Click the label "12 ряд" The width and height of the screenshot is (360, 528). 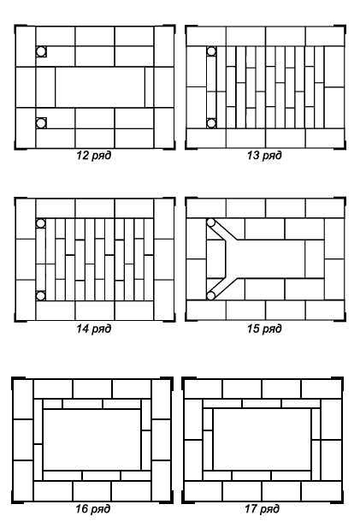point(93,156)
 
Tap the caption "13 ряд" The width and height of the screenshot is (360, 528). point(264,156)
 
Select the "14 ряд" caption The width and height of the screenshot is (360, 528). point(93,329)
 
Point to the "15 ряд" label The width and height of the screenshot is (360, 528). point(264,329)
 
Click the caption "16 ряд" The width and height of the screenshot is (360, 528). point(93,508)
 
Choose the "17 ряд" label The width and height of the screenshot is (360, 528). point(263,508)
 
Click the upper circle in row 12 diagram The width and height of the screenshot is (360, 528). point(41,51)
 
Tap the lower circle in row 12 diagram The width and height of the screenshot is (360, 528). point(41,123)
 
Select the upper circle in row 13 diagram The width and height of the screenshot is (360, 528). point(211,51)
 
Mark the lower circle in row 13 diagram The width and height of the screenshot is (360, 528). point(211,123)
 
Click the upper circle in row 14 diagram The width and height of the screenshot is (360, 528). point(40,223)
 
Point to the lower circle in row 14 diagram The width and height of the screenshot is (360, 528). point(40,296)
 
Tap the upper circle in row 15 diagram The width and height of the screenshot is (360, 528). point(210,222)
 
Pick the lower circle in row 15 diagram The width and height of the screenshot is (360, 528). point(210,295)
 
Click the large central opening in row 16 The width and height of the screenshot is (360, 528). point(91,440)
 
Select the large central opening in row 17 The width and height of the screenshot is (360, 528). point(263,439)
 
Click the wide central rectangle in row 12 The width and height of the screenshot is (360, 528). point(100,87)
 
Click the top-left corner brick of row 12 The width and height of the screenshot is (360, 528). point(26,46)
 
